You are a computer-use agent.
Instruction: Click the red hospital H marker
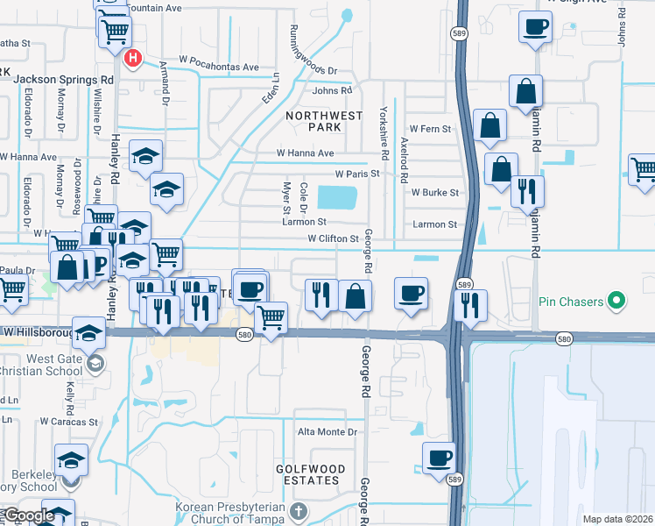point(133,59)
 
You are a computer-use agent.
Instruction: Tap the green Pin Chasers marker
point(617,302)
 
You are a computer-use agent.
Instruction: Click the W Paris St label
point(356,174)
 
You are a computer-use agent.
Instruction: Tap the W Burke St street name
point(435,192)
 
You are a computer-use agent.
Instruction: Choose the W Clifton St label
point(334,238)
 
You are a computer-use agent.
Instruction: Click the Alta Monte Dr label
point(328,432)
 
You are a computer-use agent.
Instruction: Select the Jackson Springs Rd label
point(65,79)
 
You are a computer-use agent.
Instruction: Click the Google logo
point(28,515)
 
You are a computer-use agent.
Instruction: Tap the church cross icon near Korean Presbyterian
point(298,511)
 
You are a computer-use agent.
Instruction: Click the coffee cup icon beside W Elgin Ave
point(535,26)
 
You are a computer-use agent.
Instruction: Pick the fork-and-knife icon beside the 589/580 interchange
point(471,304)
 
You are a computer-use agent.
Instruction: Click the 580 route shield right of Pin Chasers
point(564,338)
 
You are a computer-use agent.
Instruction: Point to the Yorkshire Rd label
point(383,128)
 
